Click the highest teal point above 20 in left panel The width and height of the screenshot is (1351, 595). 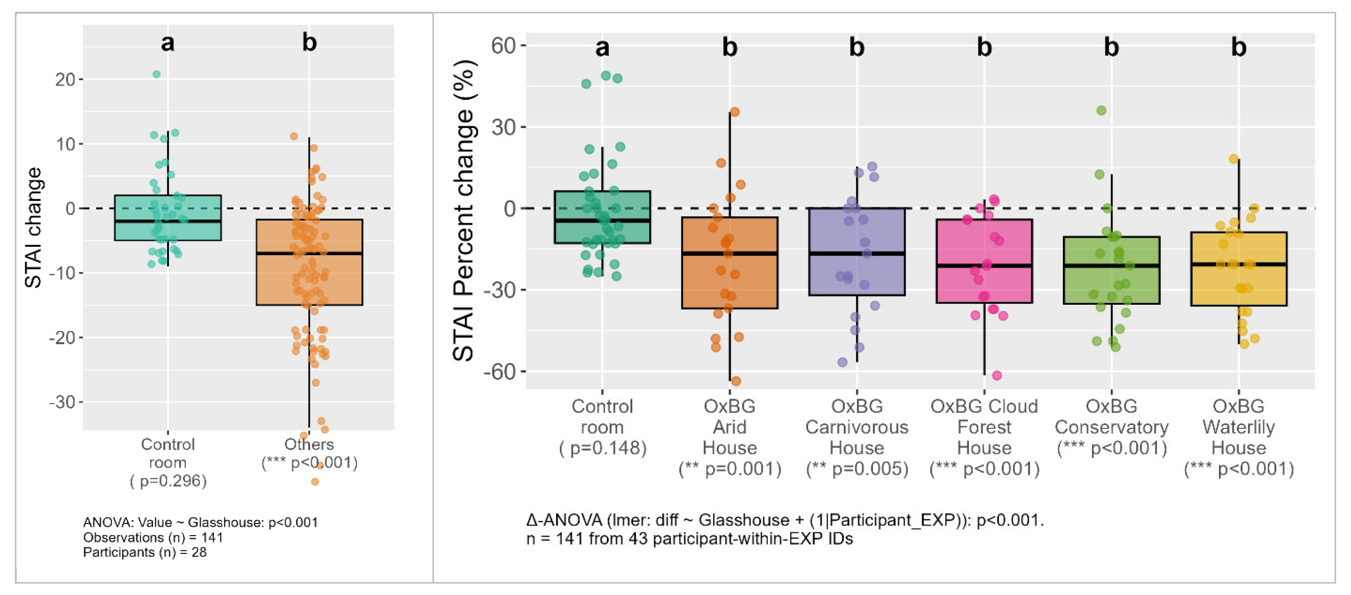(156, 74)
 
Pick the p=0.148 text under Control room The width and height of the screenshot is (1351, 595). (602, 448)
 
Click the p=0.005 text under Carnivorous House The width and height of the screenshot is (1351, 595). (856, 469)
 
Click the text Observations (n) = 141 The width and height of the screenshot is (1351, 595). (153, 537)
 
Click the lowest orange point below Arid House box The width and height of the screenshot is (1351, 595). (735, 381)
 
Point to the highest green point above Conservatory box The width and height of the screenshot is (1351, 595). (1101, 110)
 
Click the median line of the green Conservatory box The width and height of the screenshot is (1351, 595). (1111, 266)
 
